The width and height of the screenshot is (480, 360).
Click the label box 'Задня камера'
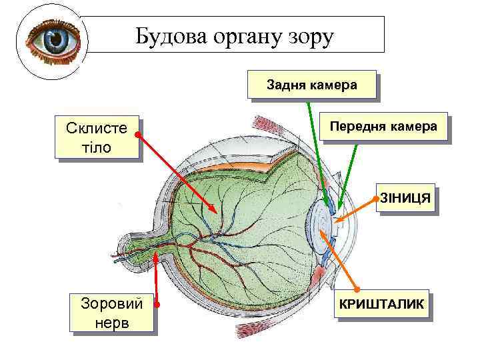(311, 85)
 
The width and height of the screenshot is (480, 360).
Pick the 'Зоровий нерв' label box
(111, 312)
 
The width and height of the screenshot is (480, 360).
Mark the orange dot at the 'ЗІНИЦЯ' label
(377, 199)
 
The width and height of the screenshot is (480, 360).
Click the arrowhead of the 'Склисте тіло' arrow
(215, 211)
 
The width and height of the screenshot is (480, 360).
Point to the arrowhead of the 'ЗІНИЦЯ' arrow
(336, 219)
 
